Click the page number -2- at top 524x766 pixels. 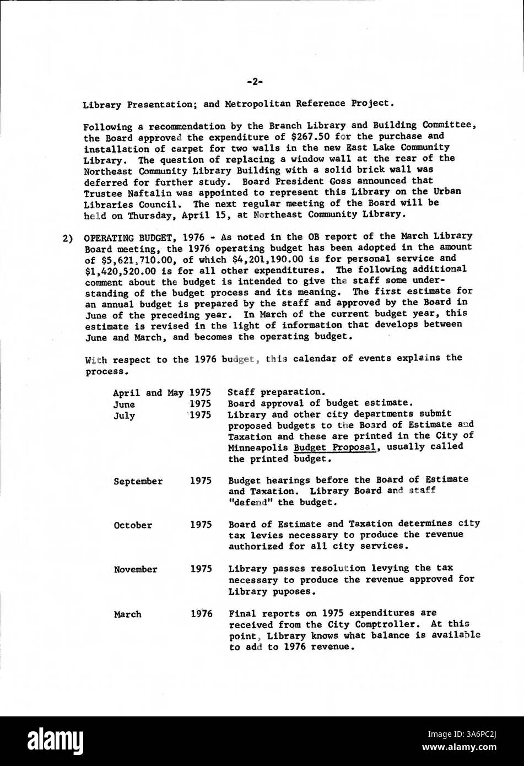click(255, 82)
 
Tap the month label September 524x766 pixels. click(138, 481)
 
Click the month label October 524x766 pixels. click(133, 525)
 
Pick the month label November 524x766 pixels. click(135, 569)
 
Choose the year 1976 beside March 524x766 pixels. click(201, 613)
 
